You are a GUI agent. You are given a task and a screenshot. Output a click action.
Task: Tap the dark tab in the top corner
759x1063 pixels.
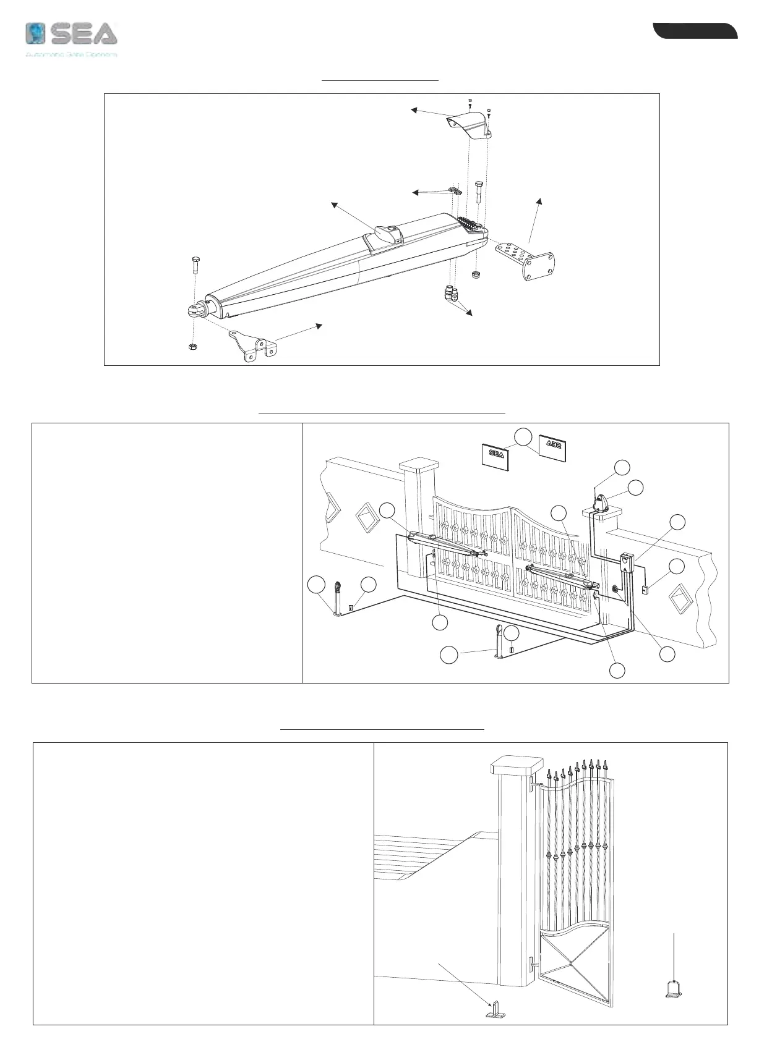point(696,31)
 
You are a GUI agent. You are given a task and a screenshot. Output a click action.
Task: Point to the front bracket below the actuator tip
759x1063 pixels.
point(254,345)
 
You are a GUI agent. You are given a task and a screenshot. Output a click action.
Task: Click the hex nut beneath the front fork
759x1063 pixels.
point(192,347)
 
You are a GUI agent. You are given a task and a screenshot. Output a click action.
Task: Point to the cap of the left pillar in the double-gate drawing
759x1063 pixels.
point(419,468)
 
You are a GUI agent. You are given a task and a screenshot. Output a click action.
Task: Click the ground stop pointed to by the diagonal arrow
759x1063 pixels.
point(494,1010)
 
